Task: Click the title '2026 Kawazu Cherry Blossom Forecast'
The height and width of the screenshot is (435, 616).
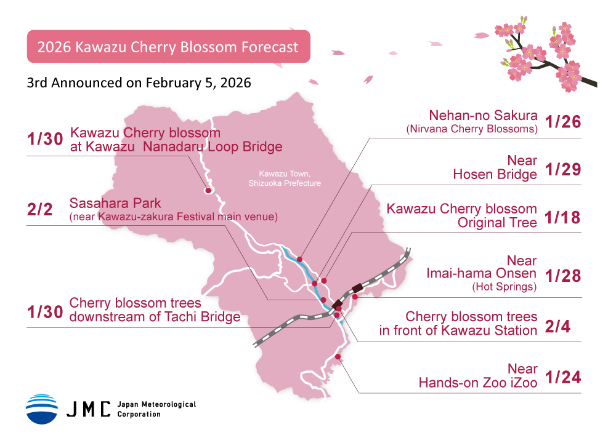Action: [x=168, y=47]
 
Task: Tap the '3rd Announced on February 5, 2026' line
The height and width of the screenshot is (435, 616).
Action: [x=139, y=82]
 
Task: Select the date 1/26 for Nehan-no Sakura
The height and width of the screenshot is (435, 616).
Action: [x=563, y=122]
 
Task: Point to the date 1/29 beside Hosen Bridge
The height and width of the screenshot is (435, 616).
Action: [x=563, y=169]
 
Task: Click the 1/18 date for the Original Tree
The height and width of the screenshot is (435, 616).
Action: [x=563, y=217]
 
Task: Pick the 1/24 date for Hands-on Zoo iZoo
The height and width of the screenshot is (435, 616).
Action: [x=563, y=377]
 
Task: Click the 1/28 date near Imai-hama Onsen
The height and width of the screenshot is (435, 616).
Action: [x=563, y=276]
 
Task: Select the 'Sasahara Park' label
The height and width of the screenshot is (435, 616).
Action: [x=115, y=204]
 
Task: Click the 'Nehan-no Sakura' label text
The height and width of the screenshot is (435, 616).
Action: [x=484, y=116]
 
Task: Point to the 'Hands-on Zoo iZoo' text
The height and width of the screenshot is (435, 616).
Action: [x=478, y=383]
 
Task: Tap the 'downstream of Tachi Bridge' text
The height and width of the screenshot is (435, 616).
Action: [x=155, y=317]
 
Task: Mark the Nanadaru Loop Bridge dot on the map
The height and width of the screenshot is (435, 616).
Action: [x=208, y=191]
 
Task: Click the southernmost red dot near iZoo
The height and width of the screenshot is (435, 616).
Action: [x=338, y=357]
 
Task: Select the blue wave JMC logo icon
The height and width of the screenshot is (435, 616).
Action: [x=41, y=409]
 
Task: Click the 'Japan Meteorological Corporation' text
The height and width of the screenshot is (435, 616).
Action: [x=156, y=409]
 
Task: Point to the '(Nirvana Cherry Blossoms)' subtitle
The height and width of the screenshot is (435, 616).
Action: [x=472, y=129]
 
